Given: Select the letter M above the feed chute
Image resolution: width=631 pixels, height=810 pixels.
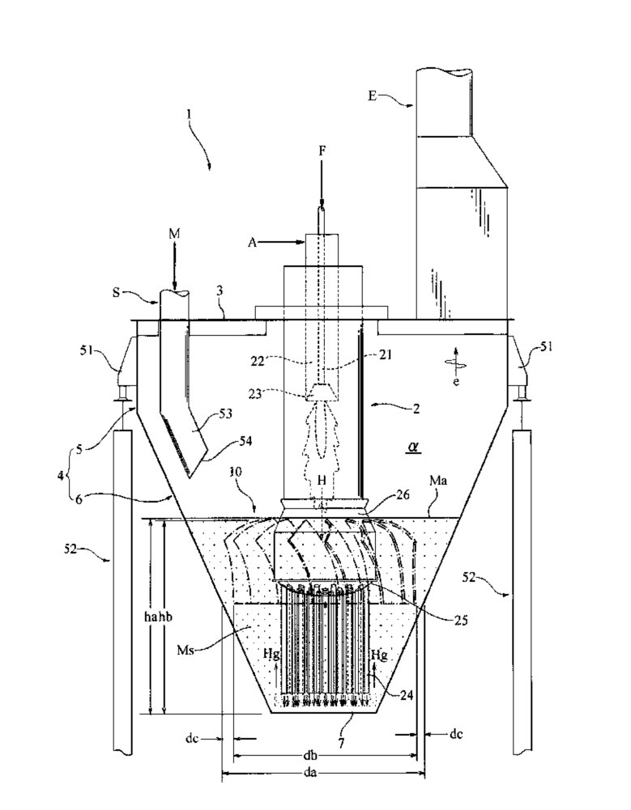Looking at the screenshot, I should tap(174, 235).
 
